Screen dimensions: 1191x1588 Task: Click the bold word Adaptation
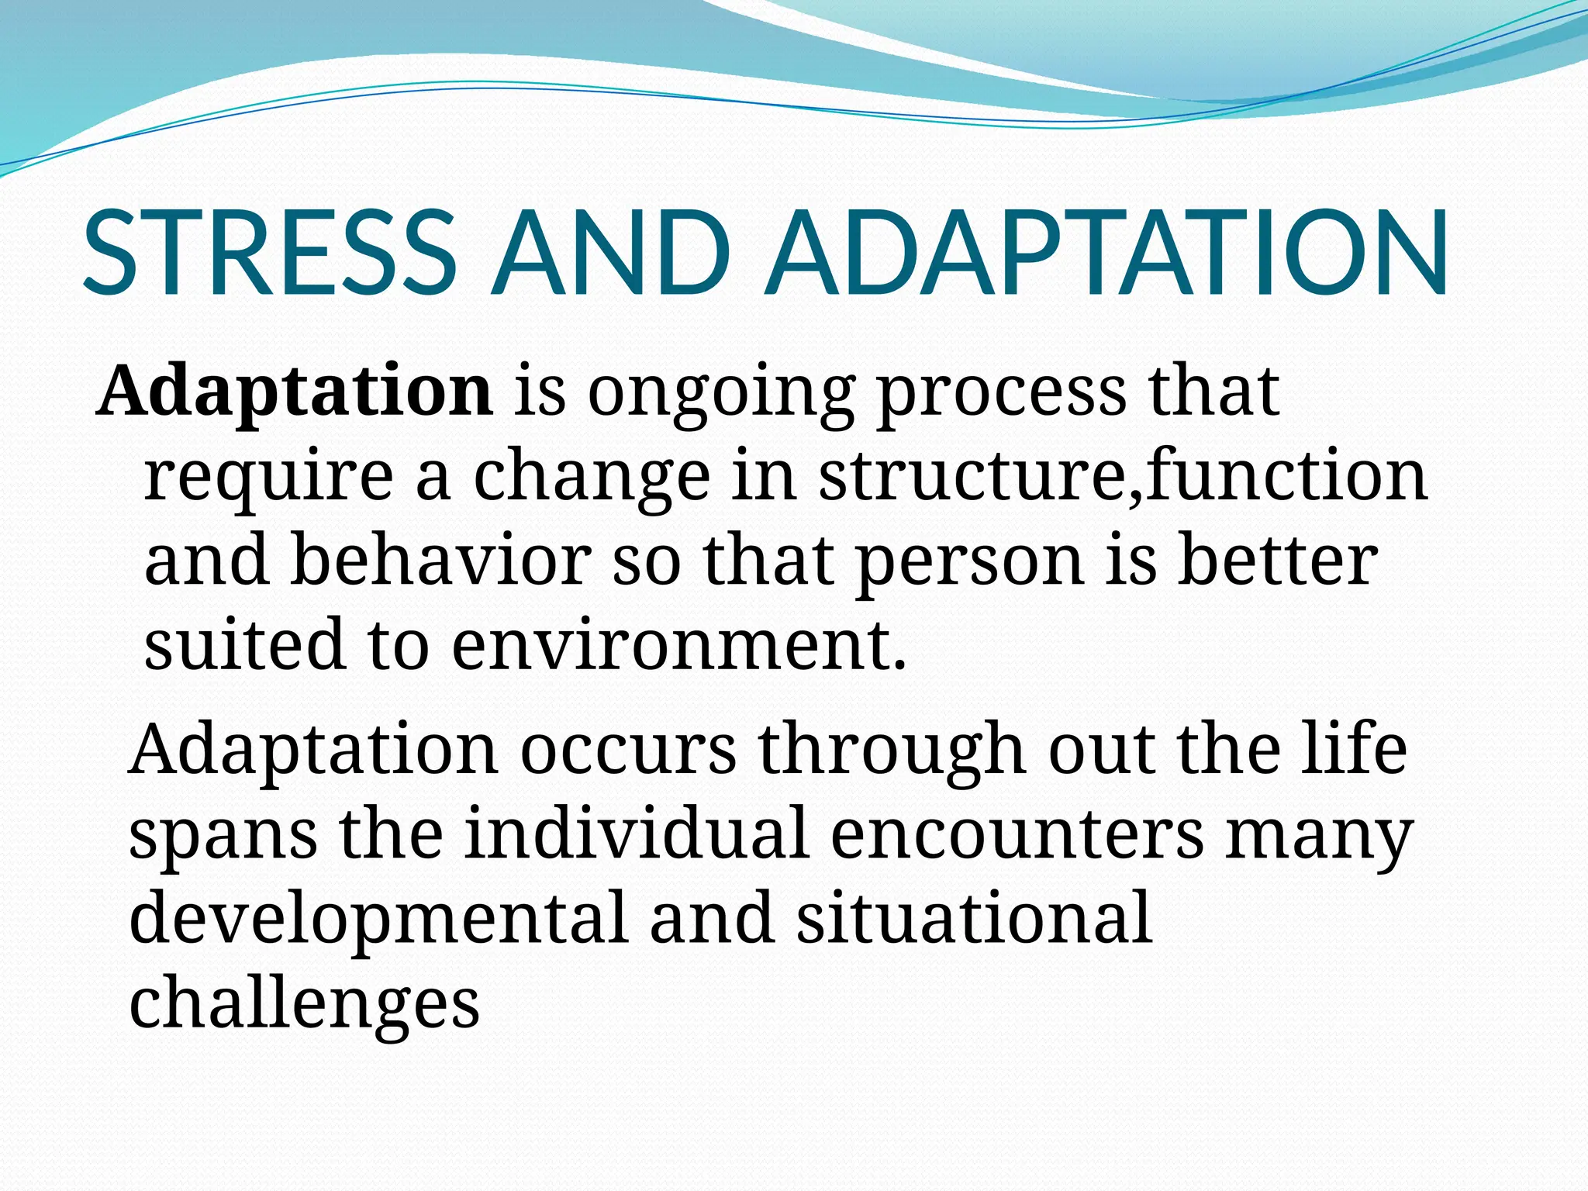pyautogui.click(x=295, y=392)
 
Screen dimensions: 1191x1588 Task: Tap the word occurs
pyautogui.click(x=628, y=749)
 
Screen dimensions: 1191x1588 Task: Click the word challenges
pyautogui.click(x=304, y=1005)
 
